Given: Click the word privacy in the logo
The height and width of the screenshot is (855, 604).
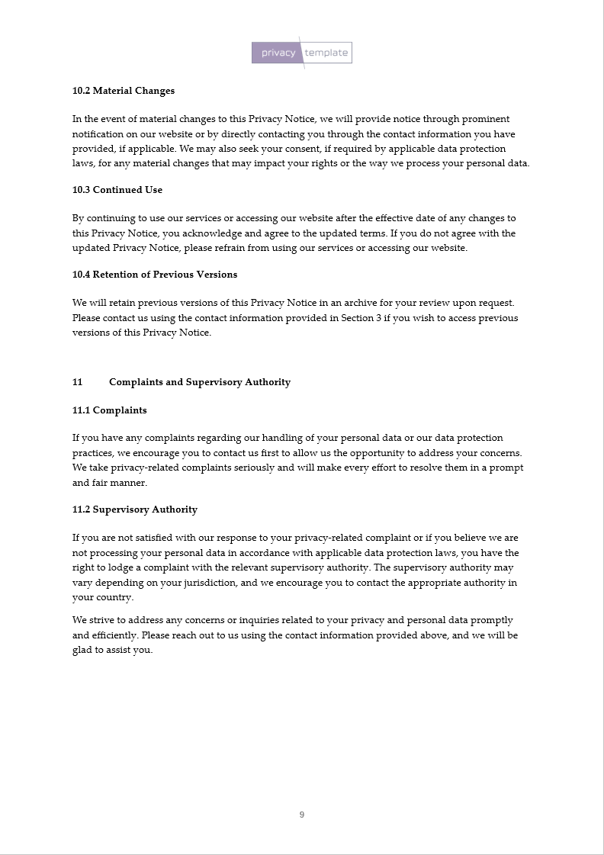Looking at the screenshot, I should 278,53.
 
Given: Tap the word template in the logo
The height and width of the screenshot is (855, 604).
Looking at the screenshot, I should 326,53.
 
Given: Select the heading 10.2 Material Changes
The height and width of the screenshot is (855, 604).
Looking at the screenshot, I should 124,91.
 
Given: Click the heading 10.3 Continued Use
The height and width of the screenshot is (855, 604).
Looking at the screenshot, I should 117,190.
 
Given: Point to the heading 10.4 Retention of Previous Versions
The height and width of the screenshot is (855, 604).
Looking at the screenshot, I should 155,275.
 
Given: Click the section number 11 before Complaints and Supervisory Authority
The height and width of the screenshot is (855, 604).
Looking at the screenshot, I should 78,382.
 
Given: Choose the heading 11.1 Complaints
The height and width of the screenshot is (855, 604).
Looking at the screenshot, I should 110,410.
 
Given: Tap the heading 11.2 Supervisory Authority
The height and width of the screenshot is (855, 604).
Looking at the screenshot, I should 135,509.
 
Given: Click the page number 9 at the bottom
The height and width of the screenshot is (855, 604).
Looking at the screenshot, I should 302,815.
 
